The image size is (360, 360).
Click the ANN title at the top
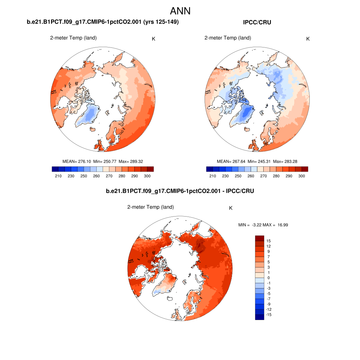pos(180,11)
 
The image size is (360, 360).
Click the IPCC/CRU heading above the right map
pos(257,22)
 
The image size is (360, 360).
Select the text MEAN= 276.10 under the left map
pos(77,161)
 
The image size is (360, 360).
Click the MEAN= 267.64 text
pos(231,161)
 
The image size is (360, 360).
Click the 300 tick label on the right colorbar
pos(302,176)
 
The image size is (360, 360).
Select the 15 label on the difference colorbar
pos(269,241)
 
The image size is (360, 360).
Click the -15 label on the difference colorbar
pos(269,315)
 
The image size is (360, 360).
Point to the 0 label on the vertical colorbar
pos(269,278)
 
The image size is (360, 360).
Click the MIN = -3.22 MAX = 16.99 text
pos(263,225)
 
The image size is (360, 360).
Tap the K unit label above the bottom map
pos(231,208)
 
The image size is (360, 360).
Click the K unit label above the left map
pos(154,39)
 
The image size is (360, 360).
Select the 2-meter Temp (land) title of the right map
pos(228,38)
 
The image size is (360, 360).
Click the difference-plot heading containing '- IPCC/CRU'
pos(180,191)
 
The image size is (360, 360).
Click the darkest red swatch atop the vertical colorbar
pos(259,238)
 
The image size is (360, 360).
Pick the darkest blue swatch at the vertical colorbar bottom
pos(259,317)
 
